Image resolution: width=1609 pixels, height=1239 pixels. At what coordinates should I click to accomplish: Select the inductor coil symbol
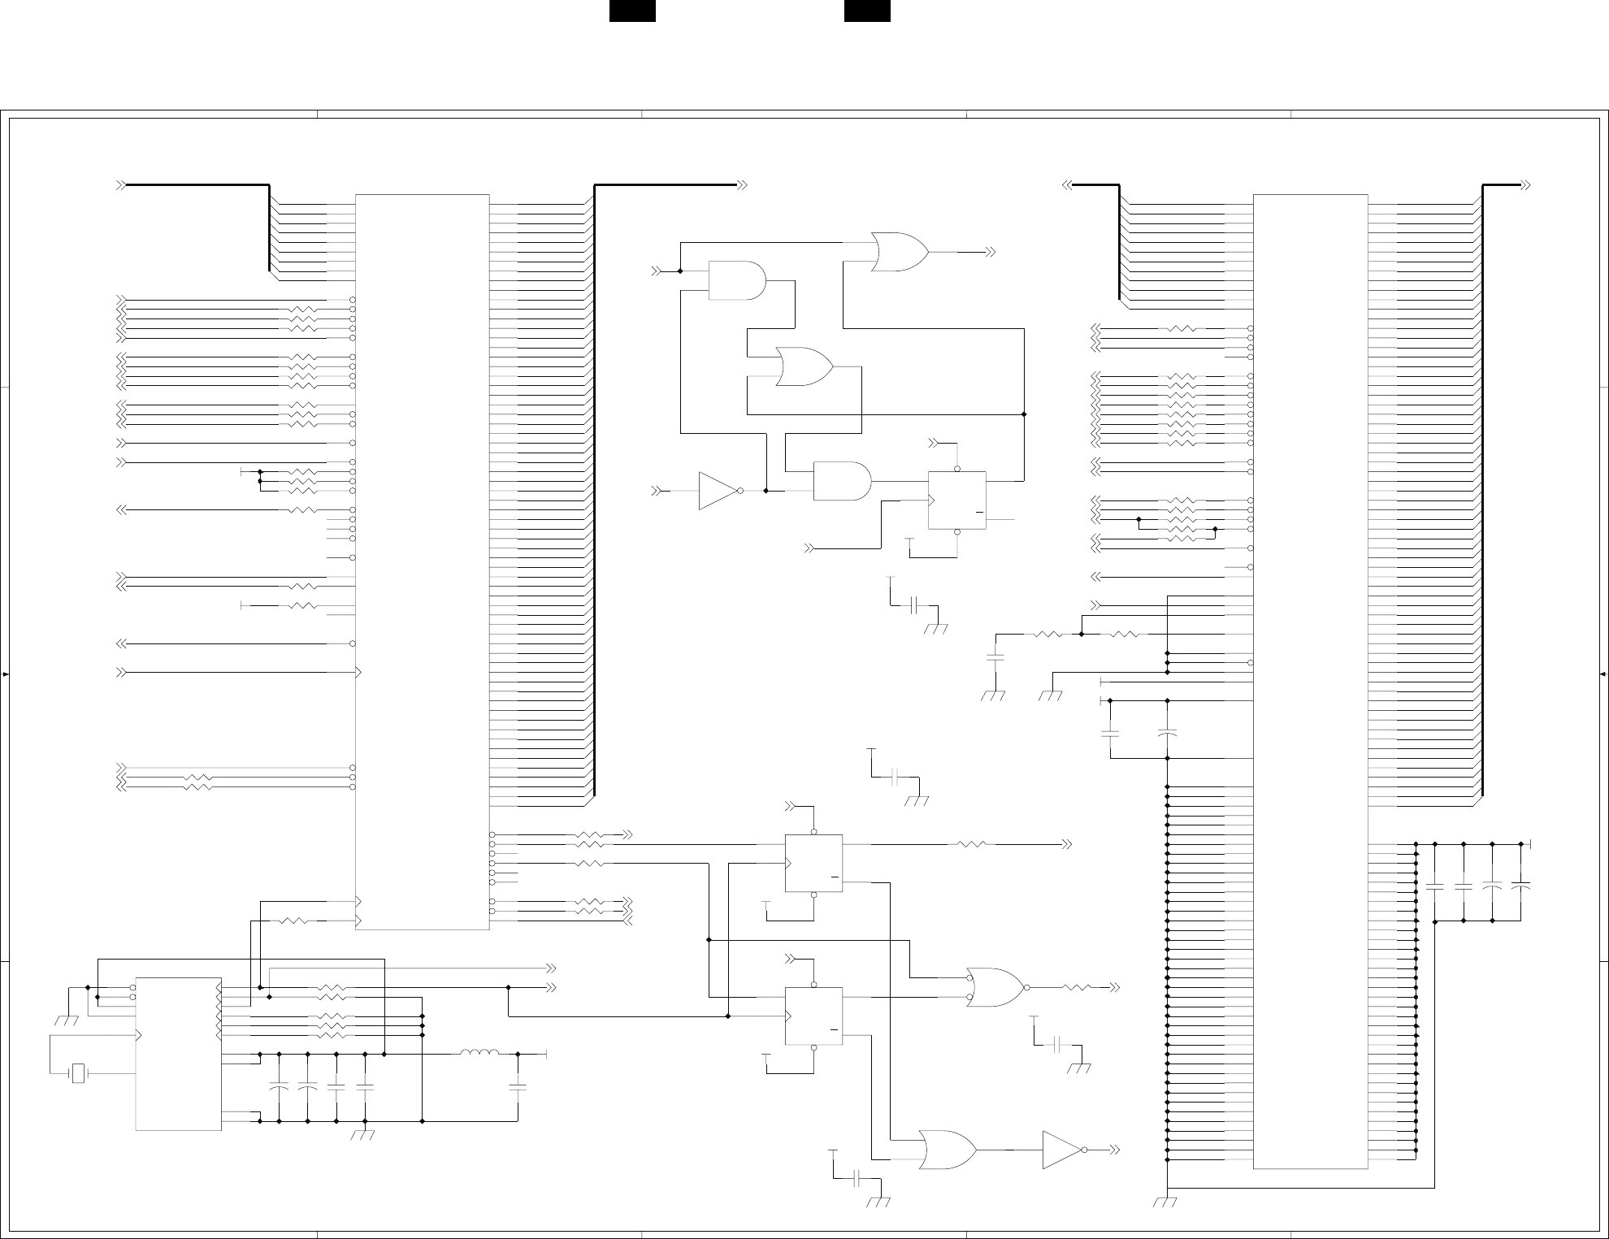(479, 1055)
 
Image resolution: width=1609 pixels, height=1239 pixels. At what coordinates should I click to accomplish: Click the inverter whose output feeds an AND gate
(718, 491)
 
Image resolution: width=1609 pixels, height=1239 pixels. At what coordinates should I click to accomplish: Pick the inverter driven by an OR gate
(1063, 1150)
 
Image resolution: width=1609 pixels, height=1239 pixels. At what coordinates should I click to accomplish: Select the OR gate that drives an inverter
(948, 1150)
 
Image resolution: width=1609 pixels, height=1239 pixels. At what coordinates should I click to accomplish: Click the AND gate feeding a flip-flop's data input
(842, 481)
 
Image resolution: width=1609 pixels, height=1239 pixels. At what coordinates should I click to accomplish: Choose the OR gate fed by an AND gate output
(804, 366)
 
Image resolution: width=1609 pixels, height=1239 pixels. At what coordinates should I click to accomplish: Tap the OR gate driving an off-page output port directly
(900, 252)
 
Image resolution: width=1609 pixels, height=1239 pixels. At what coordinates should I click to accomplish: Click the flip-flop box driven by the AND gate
(957, 500)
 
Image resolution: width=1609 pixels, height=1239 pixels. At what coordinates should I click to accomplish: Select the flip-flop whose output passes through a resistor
(813, 863)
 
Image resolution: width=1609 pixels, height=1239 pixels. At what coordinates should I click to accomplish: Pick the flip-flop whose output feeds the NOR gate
(813, 1016)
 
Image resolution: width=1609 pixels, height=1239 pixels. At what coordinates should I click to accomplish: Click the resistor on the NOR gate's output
(1077, 988)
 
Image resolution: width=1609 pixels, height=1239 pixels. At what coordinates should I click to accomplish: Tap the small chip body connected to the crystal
(178, 1053)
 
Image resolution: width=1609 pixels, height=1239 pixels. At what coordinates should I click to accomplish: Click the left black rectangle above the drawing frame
(632, 11)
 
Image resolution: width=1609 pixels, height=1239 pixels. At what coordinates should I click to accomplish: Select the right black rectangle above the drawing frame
(867, 11)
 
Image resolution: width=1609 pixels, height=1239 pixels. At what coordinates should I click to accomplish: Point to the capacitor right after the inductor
(518, 1087)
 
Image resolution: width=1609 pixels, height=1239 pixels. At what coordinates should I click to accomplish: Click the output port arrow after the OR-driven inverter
(1114, 1150)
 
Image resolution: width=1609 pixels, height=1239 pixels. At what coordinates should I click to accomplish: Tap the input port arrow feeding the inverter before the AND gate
(657, 491)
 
